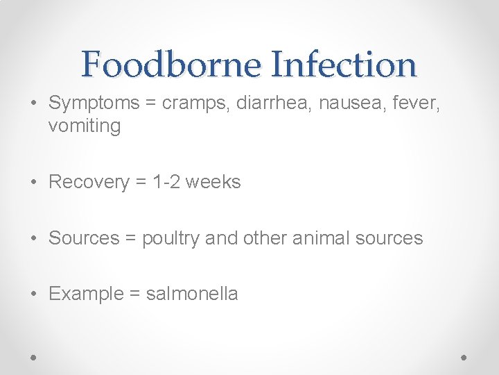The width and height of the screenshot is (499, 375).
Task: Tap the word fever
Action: point(414,103)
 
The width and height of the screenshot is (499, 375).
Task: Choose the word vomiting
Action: point(85,126)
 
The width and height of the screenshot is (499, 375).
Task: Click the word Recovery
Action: point(89,182)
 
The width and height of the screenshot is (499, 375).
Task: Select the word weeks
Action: point(214,182)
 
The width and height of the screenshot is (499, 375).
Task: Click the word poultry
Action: point(171,238)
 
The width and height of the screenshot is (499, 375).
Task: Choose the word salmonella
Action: point(192,294)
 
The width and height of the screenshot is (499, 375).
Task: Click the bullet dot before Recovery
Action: point(35,183)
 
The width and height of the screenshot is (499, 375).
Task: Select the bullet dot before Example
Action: point(35,294)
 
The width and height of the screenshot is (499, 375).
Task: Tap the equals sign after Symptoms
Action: point(150,104)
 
